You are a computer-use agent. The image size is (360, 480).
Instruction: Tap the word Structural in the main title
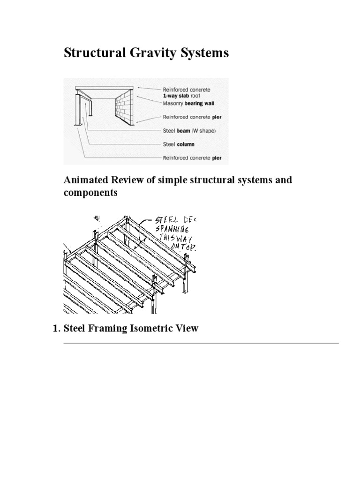(91, 53)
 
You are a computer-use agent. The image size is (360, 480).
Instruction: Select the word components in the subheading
(90, 193)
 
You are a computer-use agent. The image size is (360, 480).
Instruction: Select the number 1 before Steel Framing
(54, 328)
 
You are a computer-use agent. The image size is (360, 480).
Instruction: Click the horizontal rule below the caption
(201, 344)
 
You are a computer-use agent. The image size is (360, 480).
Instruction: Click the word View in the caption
(188, 328)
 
